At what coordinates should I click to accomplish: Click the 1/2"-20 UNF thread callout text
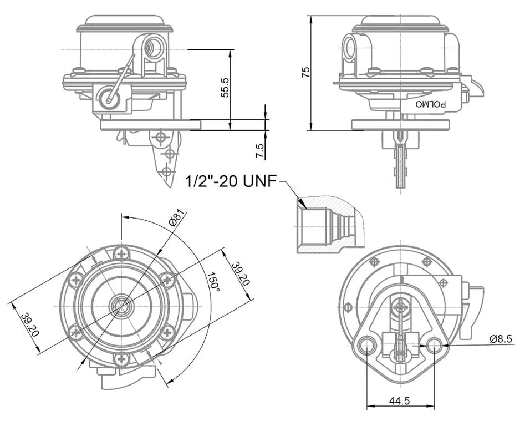click(230, 181)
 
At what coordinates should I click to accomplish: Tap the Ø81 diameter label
click(176, 219)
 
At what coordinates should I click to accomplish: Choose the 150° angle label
click(213, 282)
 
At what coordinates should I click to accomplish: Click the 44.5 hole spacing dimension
click(399, 400)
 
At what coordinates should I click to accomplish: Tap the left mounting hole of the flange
click(366, 346)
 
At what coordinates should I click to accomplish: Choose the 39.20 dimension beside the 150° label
click(241, 273)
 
